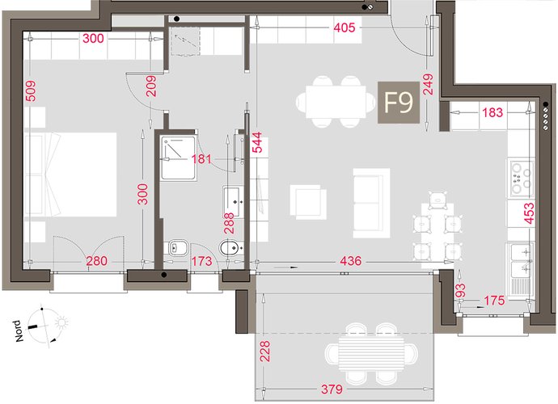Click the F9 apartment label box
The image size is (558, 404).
tap(399, 103)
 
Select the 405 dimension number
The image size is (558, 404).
tap(345, 27)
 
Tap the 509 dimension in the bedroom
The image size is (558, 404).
tap(31, 90)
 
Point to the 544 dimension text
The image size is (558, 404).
tap(257, 142)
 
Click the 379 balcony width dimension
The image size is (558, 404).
tap(332, 389)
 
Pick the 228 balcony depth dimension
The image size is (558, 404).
tap(265, 351)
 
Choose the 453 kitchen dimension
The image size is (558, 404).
tap(529, 213)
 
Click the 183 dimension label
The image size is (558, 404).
tap(492, 112)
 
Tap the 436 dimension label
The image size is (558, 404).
tap(350, 261)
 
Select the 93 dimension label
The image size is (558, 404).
tap(460, 291)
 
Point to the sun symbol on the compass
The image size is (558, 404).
tap(61, 323)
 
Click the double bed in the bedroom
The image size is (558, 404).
tap(70, 175)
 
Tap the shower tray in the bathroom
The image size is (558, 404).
tap(178, 158)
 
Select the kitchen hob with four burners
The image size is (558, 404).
tap(522, 179)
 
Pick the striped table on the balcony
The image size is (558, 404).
tap(371, 355)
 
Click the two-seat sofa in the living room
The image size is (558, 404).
tap(371, 203)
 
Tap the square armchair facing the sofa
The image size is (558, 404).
tap(308, 202)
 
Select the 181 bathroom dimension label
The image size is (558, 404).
tap(201, 158)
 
